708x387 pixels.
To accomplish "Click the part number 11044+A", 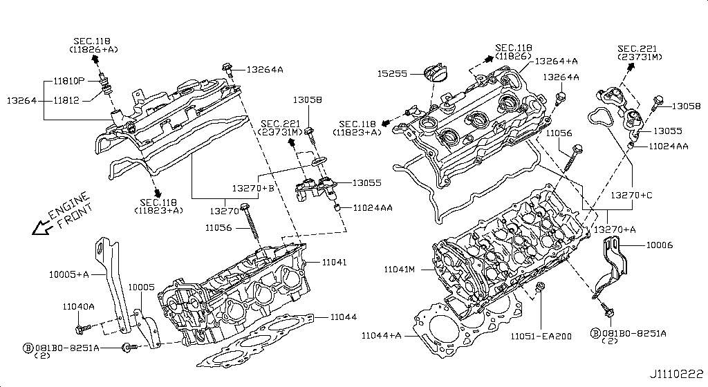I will tap(382, 335).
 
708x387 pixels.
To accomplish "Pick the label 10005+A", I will tap(68, 274).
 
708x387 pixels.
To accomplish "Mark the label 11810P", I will tap(68, 81).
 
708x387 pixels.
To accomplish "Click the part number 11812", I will tap(67, 100).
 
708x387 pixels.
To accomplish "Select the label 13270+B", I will tap(253, 188).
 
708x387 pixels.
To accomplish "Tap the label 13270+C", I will tap(631, 196).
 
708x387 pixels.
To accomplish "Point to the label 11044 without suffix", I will tap(343, 317).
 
